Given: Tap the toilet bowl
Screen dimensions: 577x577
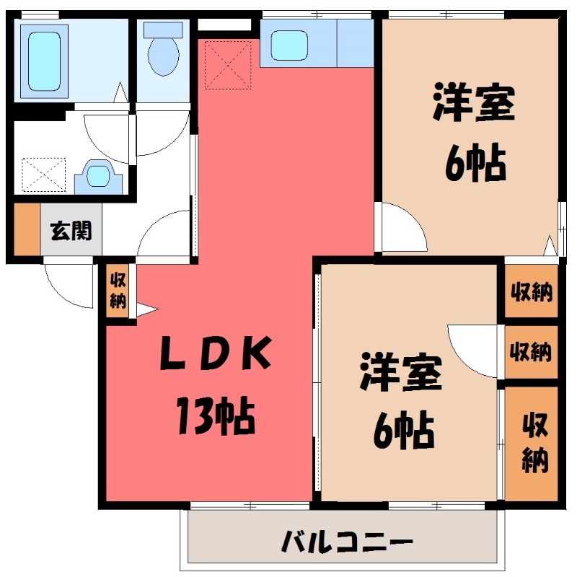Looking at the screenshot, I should tap(161, 51).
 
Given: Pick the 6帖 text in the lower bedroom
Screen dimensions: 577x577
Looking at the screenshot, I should tap(403, 431).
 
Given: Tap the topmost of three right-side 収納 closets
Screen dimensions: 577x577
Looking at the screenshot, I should tap(532, 292).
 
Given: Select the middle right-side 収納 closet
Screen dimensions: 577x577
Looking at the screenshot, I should tap(531, 352).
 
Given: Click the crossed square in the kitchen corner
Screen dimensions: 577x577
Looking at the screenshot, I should tap(229, 64).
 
